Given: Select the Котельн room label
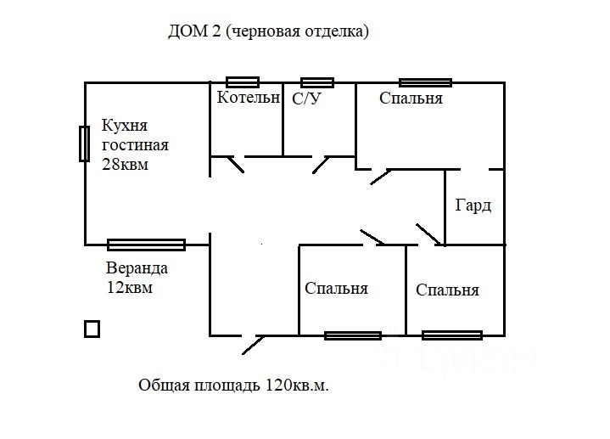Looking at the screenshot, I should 248,98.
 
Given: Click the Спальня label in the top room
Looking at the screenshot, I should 411,98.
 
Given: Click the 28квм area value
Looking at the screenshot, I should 126,165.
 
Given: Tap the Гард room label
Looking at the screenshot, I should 473,206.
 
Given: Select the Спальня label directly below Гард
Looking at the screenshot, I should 447,290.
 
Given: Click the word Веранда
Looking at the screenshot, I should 137,268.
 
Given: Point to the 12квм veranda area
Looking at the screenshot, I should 132,287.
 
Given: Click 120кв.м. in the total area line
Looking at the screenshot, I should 297,386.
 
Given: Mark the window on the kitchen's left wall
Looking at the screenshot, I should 84,144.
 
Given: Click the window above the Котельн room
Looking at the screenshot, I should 243,82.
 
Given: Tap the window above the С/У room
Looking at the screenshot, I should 317,82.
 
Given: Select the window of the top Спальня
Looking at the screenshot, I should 425,82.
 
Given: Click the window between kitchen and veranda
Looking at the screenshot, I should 146,245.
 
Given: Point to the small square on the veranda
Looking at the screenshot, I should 92,329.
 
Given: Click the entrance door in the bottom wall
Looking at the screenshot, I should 253,342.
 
